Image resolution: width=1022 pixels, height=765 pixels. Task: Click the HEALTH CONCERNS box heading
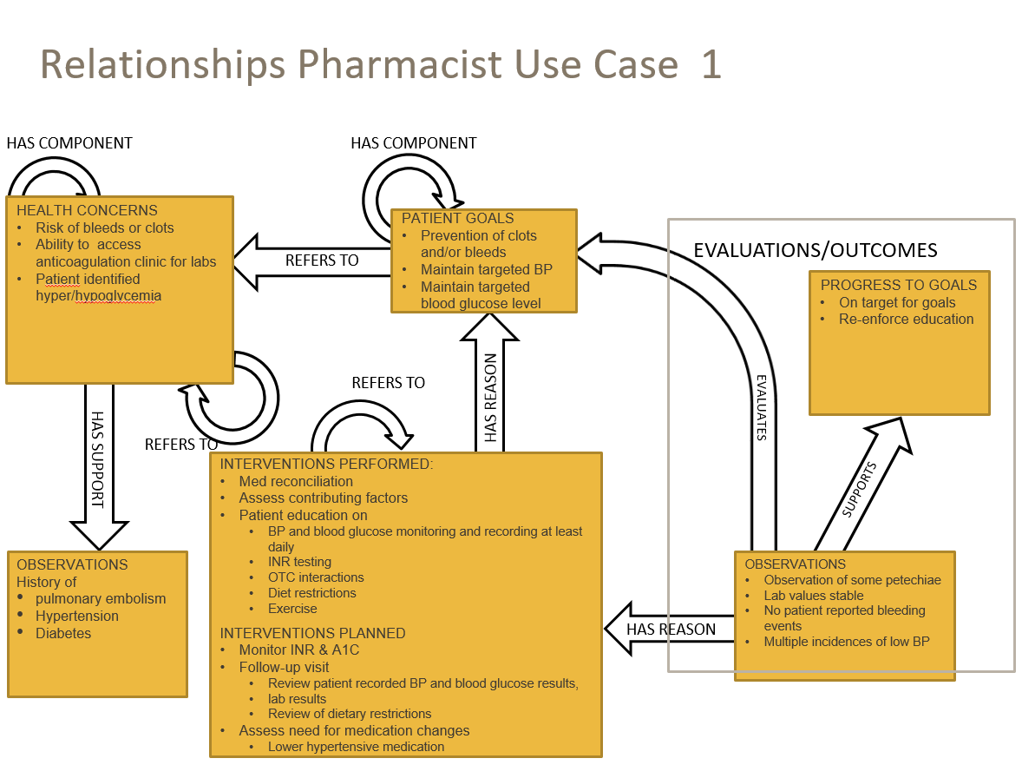[87, 210]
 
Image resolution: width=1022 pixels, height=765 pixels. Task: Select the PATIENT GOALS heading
[457, 218]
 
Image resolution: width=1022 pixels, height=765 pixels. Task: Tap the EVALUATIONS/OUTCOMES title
[815, 251]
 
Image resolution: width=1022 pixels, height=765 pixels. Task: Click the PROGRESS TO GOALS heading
[898, 285]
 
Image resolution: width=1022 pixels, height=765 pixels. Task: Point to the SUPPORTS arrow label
[859, 490]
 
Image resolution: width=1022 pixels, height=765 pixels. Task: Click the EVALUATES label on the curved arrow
[761, 407]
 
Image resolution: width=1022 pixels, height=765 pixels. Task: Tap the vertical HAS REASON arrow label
[491, 399]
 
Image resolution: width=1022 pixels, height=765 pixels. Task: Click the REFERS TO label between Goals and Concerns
[322, 260]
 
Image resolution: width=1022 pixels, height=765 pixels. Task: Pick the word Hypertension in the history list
[77, 616]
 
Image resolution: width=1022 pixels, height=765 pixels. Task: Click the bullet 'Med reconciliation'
[296, 481]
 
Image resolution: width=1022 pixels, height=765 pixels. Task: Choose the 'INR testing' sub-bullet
[299, 562]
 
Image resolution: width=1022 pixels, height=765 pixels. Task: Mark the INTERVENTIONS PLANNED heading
[312, 633]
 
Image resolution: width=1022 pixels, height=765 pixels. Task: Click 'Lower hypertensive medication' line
[356, 747]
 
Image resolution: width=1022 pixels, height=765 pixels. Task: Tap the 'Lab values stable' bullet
[813, 596]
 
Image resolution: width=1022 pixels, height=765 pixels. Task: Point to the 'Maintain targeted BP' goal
[486, 269]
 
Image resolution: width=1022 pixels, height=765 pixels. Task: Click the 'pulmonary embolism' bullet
[101, 598]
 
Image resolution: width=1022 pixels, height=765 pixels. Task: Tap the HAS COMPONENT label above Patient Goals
[413, 143]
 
